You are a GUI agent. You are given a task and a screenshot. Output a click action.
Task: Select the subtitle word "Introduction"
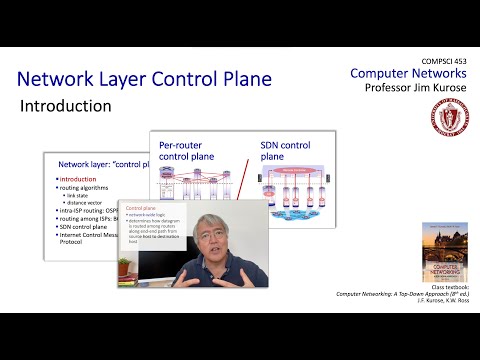point(66,105)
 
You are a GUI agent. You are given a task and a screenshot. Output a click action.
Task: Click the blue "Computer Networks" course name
point(408,75)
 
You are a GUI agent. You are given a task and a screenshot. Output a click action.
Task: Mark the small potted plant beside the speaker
point(124,266)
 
